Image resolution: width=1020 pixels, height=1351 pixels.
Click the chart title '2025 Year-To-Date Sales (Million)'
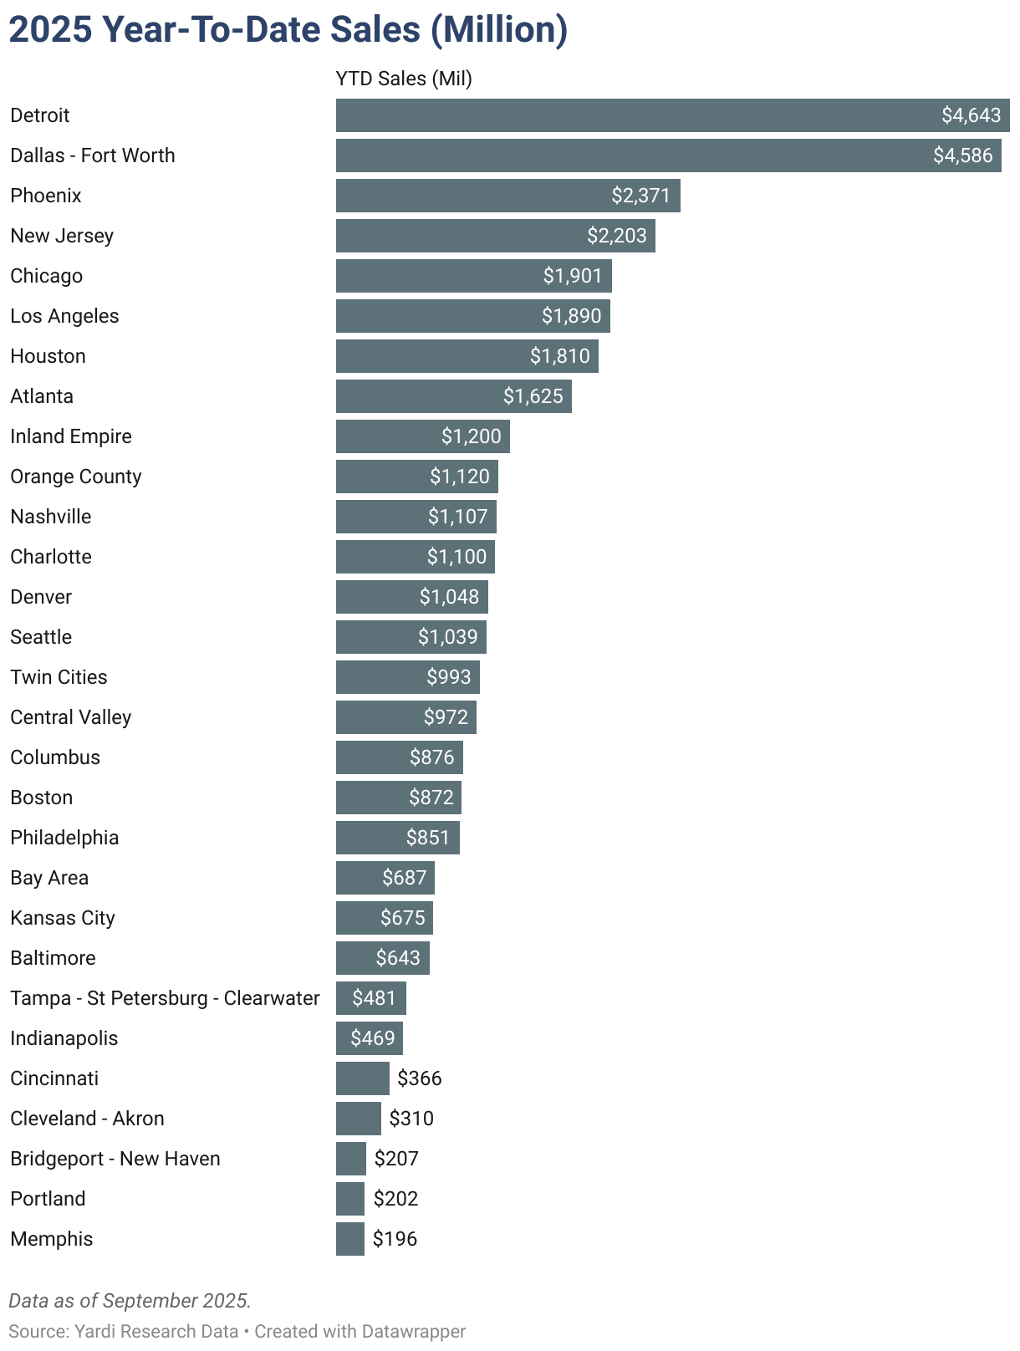tap(288, 30)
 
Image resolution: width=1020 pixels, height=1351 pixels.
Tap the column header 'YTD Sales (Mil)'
tap(404, 79)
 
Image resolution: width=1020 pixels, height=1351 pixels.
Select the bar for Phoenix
tap(507, 196)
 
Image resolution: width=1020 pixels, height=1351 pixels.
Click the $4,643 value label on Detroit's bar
tap(971, 115)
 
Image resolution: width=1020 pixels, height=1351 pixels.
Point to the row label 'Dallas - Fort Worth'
tap(93, 155)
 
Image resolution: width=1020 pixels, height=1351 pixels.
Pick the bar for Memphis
tap(350, 1239)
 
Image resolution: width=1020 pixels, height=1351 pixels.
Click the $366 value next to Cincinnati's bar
tap(420, 1078)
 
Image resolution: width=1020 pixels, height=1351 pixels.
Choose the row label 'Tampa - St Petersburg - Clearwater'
tap(165, 998)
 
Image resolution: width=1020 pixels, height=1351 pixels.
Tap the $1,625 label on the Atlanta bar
tap(533, 396)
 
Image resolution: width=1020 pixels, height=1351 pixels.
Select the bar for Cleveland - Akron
tap(358, 1119)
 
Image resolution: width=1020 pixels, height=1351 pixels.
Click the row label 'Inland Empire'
tap(71, 436)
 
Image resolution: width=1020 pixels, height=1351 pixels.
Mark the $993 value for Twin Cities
tap(449, 677)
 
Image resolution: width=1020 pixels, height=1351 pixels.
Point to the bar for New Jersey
tap(495, 236)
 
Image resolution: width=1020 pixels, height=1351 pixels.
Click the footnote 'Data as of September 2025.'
tap(130, 1301)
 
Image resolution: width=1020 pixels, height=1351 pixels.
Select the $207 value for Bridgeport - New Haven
tap(396, 1159)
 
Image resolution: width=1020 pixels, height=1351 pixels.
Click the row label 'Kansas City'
tap(63, 918)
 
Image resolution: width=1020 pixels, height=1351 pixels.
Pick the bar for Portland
tap(350, 1199)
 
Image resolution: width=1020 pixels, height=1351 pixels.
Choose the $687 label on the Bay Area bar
tap(405, 878)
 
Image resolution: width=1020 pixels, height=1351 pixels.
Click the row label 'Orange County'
tap(76, 477)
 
